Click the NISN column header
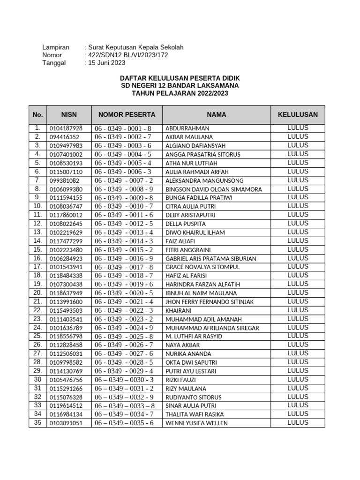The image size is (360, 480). pyautogui.click(x=69, y=114)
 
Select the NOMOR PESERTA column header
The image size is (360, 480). pyautogui.click(x=127, y=114)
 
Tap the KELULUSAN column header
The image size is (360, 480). pyautogui.click(x=298, y=114)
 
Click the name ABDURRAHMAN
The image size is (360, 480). pyautogui.click(x=187, y=128)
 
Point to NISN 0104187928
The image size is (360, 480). pyautogui.click(x=66, y=128)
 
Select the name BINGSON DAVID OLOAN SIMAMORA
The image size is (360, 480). pyautogui.click(x=213, y=189)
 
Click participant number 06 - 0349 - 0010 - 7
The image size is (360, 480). pyautogui.click(x=124, y=206)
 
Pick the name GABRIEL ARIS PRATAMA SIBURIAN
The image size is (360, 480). pyautogui.click(x=210, y=259)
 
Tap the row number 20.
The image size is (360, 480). pyautogui.click(x=37, y=292)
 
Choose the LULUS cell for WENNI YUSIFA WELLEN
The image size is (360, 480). pyautogui.click(x=298, y=422)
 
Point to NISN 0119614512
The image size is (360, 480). pyautogui.click(x=66, y=406)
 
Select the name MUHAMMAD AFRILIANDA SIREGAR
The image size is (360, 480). pyautogui.click(x=212, y=328)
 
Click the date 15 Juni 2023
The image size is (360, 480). pyautogui.click(x=106, y=62)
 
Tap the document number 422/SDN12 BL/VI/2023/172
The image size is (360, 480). pyautogui.click(x=127, y=55)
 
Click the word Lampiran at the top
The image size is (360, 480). pyautogui.click(x=56, y=47)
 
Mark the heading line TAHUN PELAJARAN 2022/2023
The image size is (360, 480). pyautogui.click(x=180, y=93)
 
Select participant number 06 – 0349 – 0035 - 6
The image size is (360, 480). pyautogui.click(x=124, y=423)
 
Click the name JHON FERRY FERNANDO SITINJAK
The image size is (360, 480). pyautogui.click(x=210, y=302)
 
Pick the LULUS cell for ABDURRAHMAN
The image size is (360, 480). pyautogui.click(x=298, y=127)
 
